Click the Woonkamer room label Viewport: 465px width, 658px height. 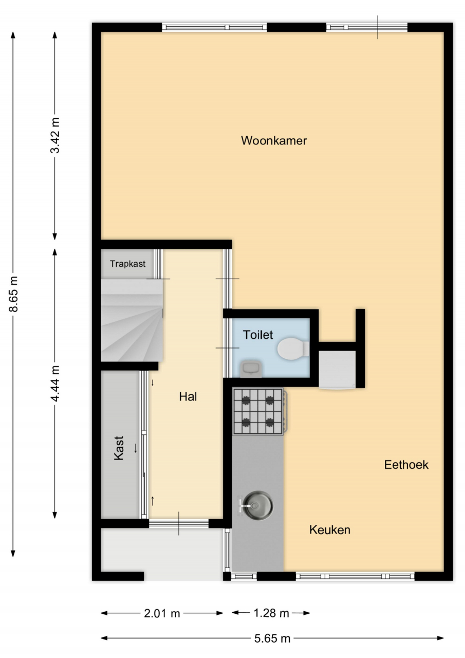pyautogui.click(x=274, y=141)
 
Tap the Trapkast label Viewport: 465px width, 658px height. pyautogui.click(x=128, y=264)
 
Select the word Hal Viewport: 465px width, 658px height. pyautogui.click(x=188, y=397)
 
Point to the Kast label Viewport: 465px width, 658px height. pyautogui.click(x=119, y=448)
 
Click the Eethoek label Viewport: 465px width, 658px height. pyautogui.click(x=406, y=465)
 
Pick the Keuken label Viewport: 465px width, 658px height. pyautogui.click(x=330, y=530)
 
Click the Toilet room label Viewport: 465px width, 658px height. pyautogui.click(x=258, y=335)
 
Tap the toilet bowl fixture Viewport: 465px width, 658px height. pyautogui.click(x=293, y=349)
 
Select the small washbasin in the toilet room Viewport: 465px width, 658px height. pyautogui.click(x=251, y=369)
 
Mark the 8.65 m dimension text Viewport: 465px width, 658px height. pyautogui.click(x=14, y=294)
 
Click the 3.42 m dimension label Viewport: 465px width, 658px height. pyautogui.click(x=55, y=135)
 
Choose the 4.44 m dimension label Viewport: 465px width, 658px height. pyautogui.click(x=55, y=383)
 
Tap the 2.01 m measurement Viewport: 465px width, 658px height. pyautogui.click(x=162, y=613)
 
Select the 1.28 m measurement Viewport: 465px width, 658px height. pyautogui.click(x=271, y=613)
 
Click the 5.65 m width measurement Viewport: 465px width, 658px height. pyautogui.click(x=272, y=638)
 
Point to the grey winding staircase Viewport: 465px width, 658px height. pyautogui.click(x=132, y=320)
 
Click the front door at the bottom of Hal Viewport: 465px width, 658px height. pyautogui.click(x=179, y=523)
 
